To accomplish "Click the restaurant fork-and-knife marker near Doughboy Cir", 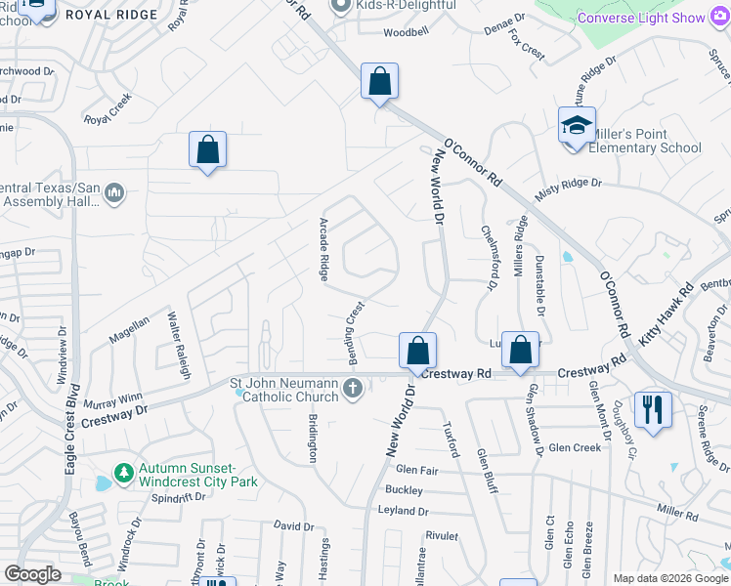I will point(653,408).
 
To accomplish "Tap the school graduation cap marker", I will point(577,126).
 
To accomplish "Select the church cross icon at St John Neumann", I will point(353,390).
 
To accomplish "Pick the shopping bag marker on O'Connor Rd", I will point(379,81).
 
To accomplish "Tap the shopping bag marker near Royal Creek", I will point(207,149).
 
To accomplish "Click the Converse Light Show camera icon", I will point(721,18).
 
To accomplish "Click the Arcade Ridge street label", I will point(322,249).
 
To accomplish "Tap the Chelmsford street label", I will point(486,257).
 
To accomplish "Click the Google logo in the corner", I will point(32,574).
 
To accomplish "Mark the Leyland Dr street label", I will point(403,511).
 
